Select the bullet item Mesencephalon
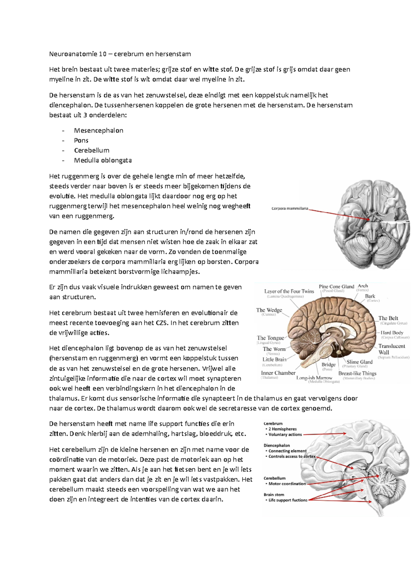coord(99,130)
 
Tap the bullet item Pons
coord(81,140)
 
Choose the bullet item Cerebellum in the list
coord(92,150)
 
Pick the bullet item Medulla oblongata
coord(103,160)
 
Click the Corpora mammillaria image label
coord(290,208)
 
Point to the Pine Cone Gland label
coord(336,287)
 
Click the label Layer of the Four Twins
coord(289,291)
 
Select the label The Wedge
coord(269,310)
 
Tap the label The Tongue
coord(270,338)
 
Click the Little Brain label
coord(274,359)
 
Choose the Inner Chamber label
coord(278,373)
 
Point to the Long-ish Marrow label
coord(314,378)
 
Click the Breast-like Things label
coord(357,373)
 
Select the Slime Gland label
coord(359,362)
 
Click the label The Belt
coord(388,318)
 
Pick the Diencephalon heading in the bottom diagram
coord(277,446)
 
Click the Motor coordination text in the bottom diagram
coord(287,484)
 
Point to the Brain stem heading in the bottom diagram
coord(274,495)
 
